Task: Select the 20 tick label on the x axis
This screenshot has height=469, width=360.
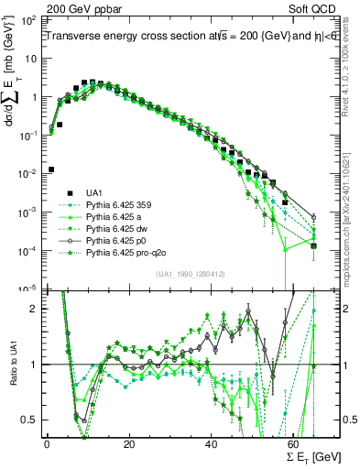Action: click(130, 444)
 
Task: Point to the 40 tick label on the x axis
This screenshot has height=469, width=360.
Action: click(213, 444)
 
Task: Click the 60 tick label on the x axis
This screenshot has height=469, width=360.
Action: click(295, 444)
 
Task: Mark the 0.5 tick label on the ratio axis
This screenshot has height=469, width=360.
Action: click(29, 420)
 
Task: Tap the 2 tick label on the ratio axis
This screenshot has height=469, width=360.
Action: click(35, 309)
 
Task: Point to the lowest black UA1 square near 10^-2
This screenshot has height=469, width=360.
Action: click(51, 169)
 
